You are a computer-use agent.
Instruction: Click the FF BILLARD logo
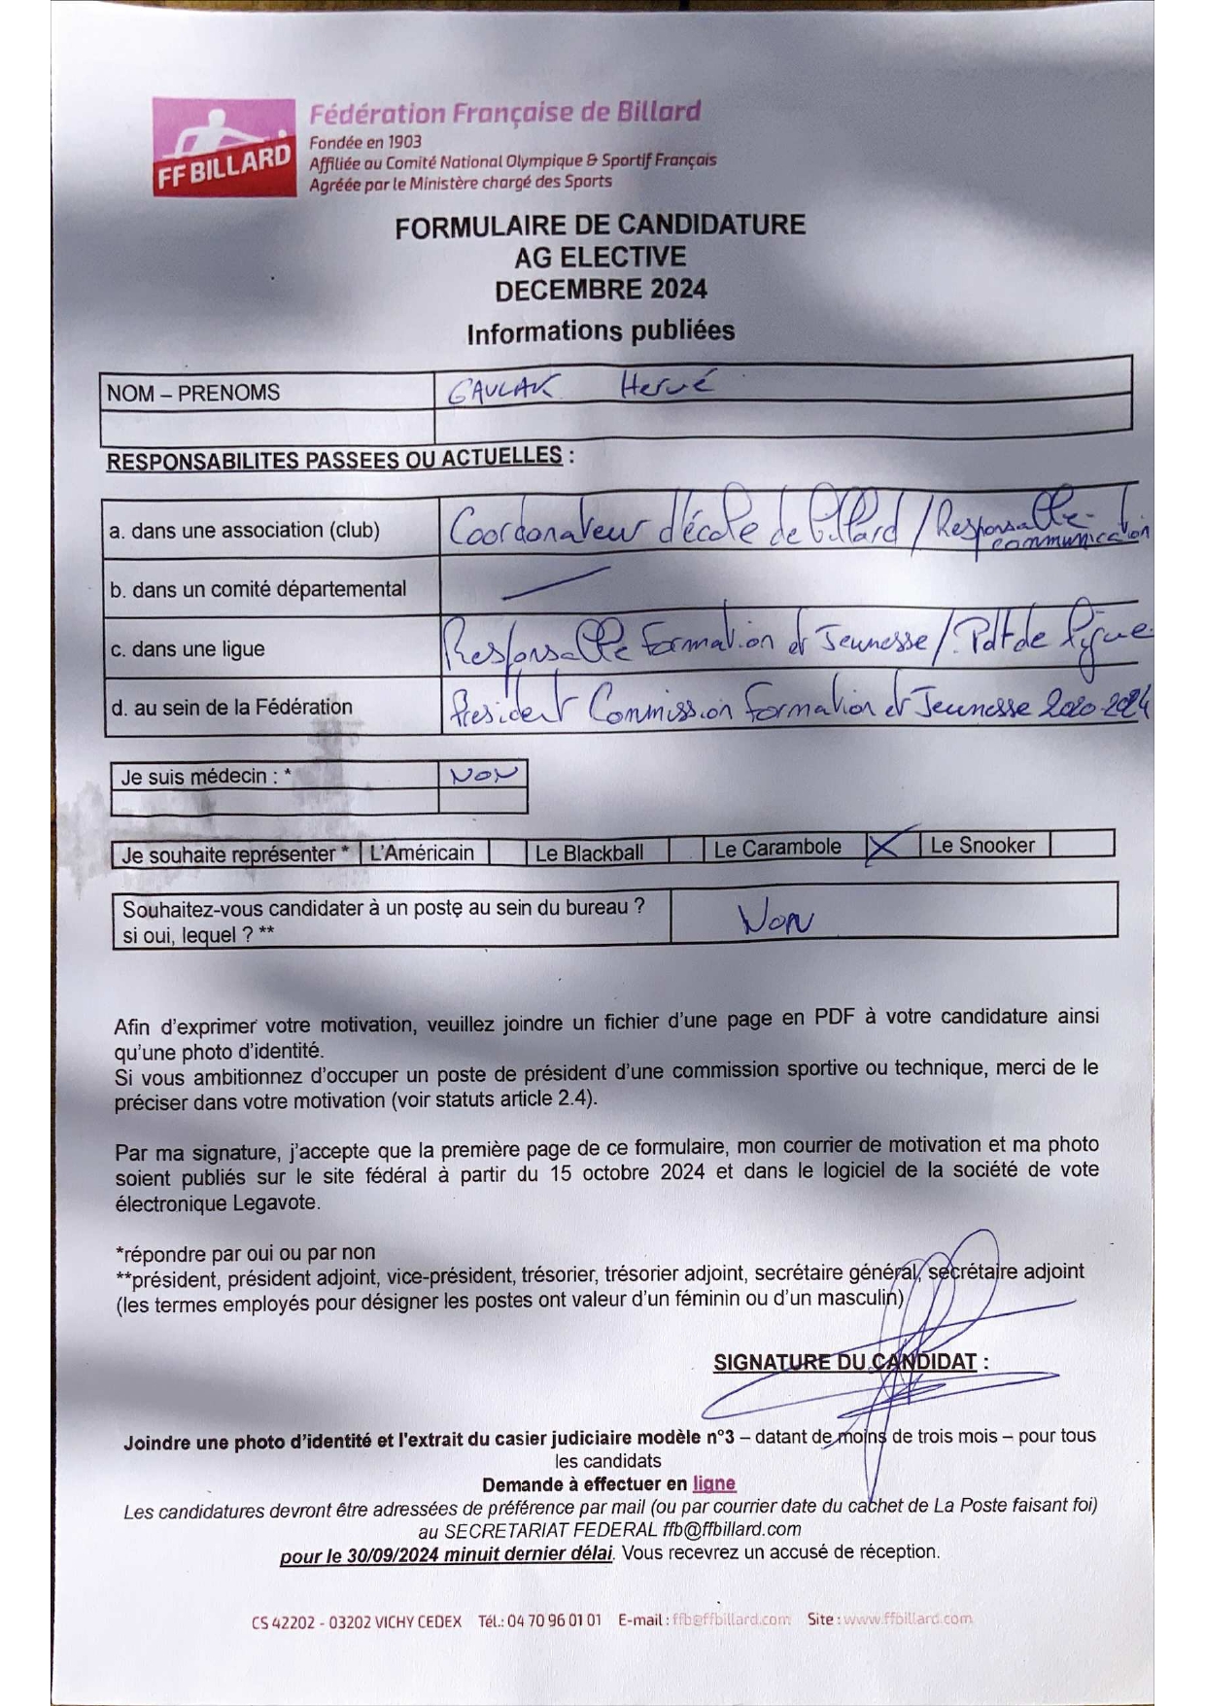[224, 148]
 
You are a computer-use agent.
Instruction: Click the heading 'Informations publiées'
[601, 332]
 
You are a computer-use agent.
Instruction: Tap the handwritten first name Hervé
[666, 386]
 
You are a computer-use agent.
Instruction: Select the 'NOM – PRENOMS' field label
[193, 393]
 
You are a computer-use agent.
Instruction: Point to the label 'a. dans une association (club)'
[244, 531]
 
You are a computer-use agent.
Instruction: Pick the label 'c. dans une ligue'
[188, 649]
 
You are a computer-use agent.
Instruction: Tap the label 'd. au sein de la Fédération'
[231, 707]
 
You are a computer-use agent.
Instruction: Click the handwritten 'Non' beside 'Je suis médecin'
[483, 775]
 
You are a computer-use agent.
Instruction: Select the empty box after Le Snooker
[1082, 844]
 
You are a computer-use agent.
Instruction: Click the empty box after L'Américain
[506, 853]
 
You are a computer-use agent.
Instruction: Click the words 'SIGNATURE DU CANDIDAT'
[844, 1362]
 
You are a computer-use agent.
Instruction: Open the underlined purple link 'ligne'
[713, 1483]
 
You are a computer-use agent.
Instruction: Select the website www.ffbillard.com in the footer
[907, 1619]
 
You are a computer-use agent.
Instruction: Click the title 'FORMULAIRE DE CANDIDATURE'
[600, 226]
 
